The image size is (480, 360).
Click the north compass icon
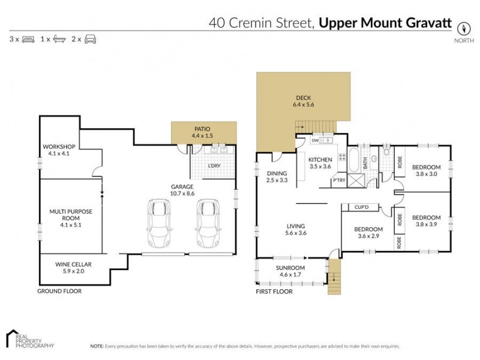click(463, 28)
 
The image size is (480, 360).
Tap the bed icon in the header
click(28, 39)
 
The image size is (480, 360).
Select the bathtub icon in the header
click(59, 39)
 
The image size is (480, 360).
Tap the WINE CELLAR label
click(61, 268)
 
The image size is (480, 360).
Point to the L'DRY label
click(214, 165)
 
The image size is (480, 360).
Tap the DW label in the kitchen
click(314, 141)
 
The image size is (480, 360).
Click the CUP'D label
click(361, 208)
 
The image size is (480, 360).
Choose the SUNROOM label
click(290, 268)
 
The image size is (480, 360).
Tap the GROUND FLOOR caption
click(59, 291)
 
